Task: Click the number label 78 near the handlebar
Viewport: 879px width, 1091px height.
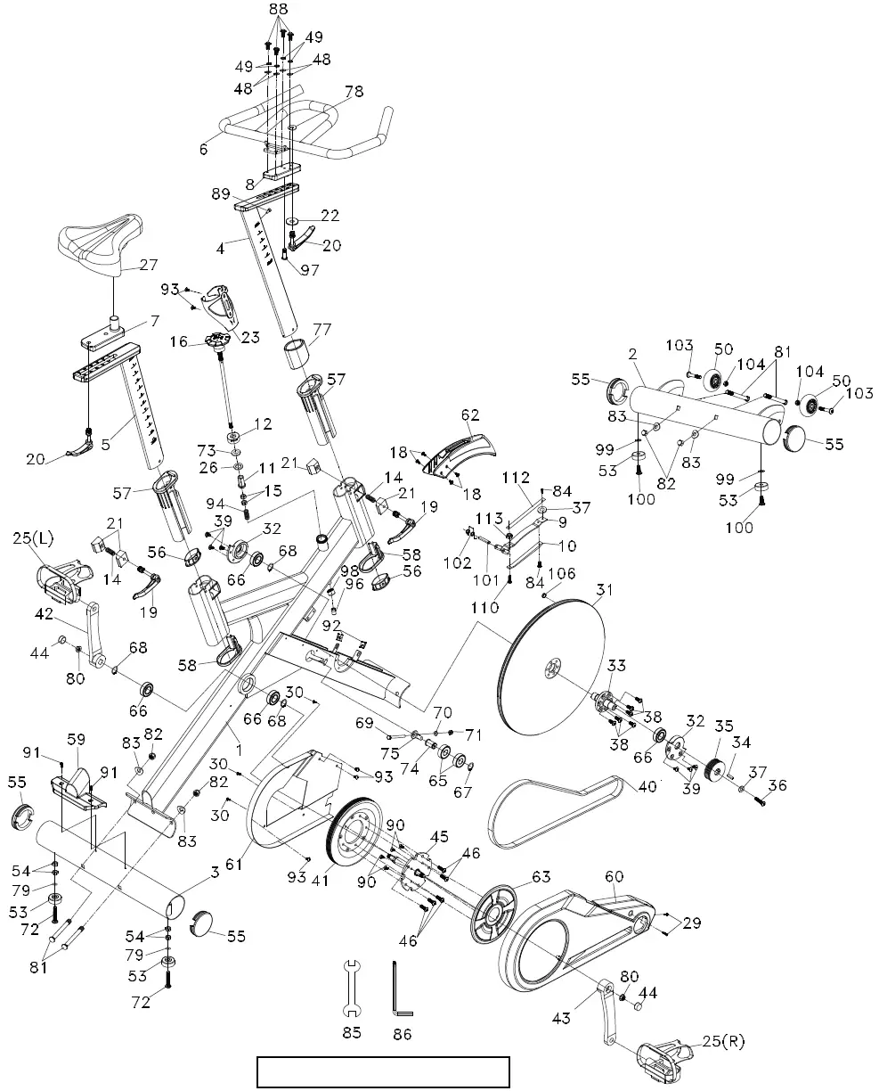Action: [x=354, y=92]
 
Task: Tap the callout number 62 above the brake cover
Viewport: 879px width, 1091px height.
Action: [x=470, y=414]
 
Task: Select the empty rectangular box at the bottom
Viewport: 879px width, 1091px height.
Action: [x=383, y=1071]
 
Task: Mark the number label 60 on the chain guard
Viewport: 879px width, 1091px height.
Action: [x=614, y=876]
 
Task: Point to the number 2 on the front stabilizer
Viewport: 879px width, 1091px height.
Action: [x=631, y=353]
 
